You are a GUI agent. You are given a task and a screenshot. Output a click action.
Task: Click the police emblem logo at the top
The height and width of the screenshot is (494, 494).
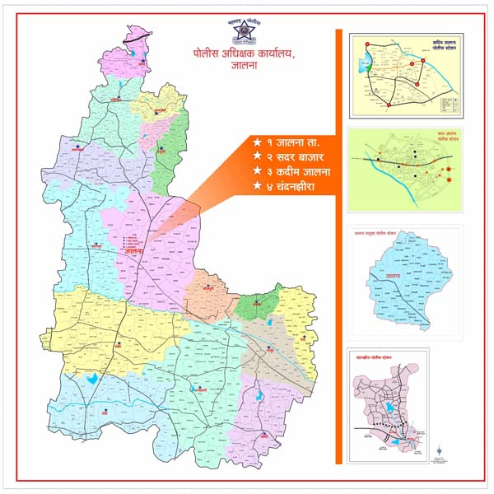[245, 34]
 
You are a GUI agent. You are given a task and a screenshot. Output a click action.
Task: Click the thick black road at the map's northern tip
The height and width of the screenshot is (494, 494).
[137, 36]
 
